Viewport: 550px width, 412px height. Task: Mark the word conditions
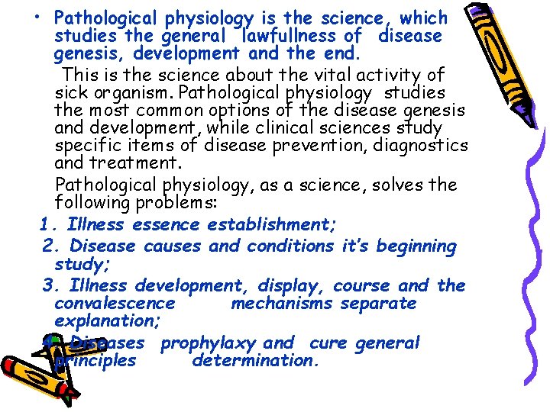click(x=289, y=246)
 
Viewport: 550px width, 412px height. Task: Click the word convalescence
click(x=115, y=304)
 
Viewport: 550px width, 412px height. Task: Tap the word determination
click(x=254, y=361)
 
